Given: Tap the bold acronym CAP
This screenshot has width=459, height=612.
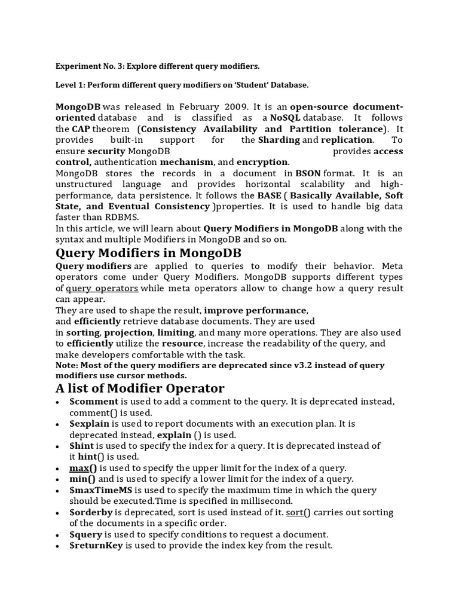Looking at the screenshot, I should click(82, 129).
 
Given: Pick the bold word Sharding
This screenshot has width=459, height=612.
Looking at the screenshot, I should click(279, 140).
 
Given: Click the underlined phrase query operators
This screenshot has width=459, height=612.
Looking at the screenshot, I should click(102, 288).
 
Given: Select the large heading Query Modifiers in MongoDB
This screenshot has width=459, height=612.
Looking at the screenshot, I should click(149, 252).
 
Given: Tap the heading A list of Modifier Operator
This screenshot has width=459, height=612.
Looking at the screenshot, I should click(140, 388).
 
